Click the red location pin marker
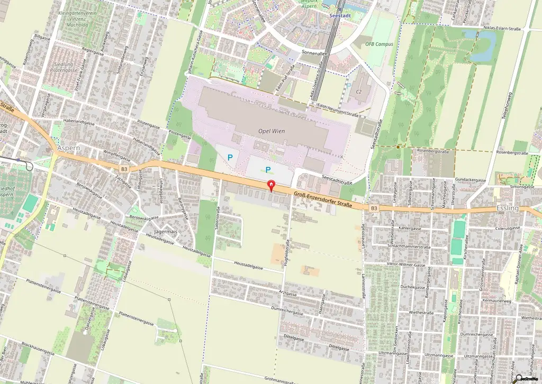pyautogui.click(x=272, y=186)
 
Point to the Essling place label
pyautogui.click(x=508, y=208)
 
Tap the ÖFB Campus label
pyautogui.click(x=379, y=44)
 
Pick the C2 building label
pyautogui.click(x=358, y=92)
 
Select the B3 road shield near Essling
pyautogui.click(x=374, y=208)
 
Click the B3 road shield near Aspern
pyautogui.click(x=124, y=169)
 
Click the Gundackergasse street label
pyautogui.click(x=471, y=180)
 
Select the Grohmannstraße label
pyautogui.click(x=281, y=379)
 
